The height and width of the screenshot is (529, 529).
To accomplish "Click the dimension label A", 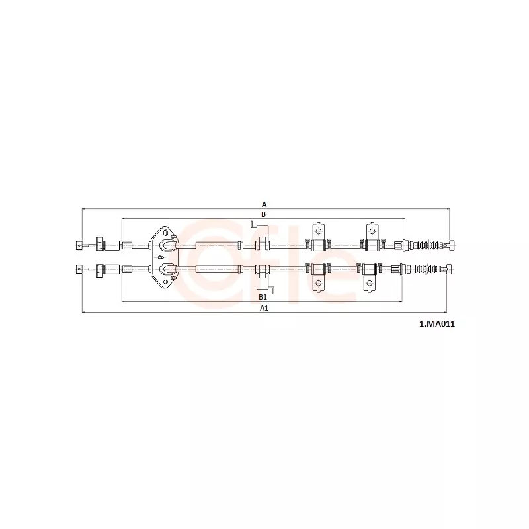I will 264,204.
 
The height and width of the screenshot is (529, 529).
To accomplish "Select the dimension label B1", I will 263,297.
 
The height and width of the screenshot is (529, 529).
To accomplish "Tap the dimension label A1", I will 264,307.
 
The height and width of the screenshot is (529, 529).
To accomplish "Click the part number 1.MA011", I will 437,324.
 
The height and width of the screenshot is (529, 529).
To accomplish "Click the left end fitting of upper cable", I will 79,246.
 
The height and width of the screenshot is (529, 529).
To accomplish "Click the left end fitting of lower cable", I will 79,268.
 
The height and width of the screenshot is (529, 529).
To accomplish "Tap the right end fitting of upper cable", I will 450,245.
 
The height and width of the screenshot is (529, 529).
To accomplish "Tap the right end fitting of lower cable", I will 448,268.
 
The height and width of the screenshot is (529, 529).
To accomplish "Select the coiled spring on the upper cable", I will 426,245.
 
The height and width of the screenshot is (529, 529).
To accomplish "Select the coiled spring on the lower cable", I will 423,269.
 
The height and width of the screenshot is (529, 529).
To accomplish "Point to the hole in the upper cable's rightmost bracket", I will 372,231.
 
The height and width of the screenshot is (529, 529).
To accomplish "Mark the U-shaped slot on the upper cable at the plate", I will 168,245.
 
